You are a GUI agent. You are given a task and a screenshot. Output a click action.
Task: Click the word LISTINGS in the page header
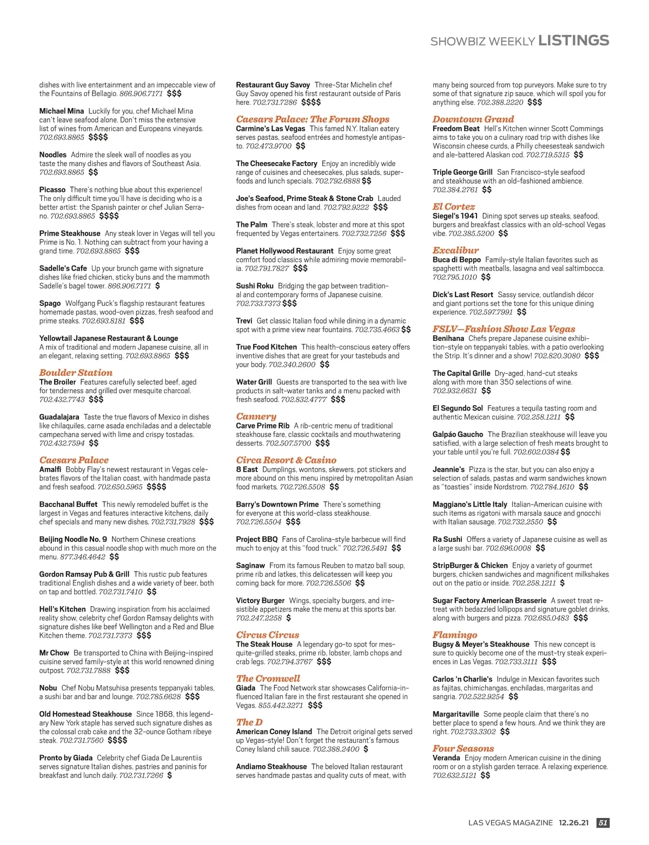pyautogui.click(x=574, y=41)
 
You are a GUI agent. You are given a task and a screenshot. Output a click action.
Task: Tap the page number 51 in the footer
pyautogui.click(x=603, y=823)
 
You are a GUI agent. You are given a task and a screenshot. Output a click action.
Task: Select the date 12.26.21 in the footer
pyautogui.click(x=574, y=823)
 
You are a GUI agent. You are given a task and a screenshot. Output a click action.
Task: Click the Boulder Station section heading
pyautogui.click(x=76, y=373)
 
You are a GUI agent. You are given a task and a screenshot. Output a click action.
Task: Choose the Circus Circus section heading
pyautogui.click(x=267, y=635)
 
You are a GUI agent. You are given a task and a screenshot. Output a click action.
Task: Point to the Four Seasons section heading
pyautogui.click(x=463, y=749)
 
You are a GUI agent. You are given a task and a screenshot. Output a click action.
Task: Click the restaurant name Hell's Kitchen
pyautogui.click(x=62, y=609)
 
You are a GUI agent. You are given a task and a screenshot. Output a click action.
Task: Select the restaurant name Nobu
pyautogui.click(x=48, y=688)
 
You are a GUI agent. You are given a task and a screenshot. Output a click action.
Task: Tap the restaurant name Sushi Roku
pyautogui.click(x=255, y=286)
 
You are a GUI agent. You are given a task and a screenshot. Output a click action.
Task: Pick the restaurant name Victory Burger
pyautogui.click(x=260, y=600)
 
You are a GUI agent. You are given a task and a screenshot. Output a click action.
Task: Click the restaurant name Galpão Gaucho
pyautogui.click(x=458, y=434)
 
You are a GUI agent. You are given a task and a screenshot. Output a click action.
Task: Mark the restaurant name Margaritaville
pyautogui.click(x=455, y=714)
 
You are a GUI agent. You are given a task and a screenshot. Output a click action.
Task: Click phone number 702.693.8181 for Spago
pyautogui.click(x=103, y=321)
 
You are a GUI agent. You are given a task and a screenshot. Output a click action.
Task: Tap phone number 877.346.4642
pyautogui.click(x=83, y=556)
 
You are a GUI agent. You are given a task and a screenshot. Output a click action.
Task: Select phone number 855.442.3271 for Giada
pyautogui.click(x=280, y=705)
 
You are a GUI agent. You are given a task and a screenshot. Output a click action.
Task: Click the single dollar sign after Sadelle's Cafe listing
pyautogui.click(x=157, y=286)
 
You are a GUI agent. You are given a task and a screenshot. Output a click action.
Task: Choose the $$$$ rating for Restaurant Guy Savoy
pyautogui.click(x=311, y=102)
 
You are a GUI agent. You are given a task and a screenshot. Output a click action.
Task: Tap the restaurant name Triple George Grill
pyautogui.click(x=462, y=172)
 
